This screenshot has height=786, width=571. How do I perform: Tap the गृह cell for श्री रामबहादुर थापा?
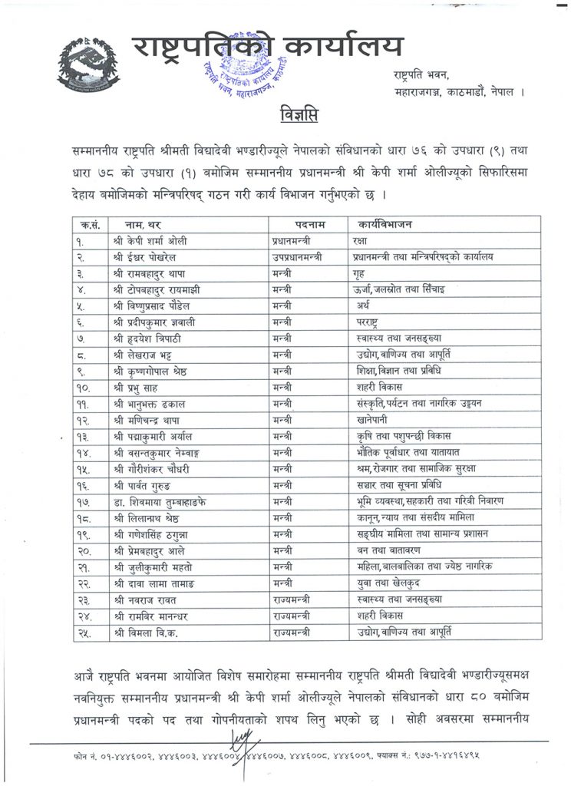pyautogui.click(x=361, y=274)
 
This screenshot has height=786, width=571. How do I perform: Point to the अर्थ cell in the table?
pyautogui.click(x=361, y=305)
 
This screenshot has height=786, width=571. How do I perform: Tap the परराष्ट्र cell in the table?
pyautogui.click(x=368, y=322)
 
